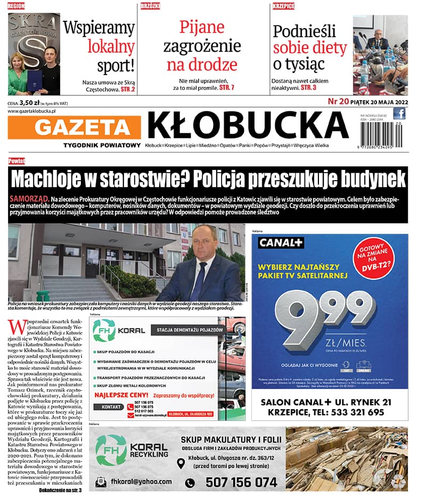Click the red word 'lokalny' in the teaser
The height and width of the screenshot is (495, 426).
(111, 47)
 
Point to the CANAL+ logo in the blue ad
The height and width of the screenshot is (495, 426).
(281, 244)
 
